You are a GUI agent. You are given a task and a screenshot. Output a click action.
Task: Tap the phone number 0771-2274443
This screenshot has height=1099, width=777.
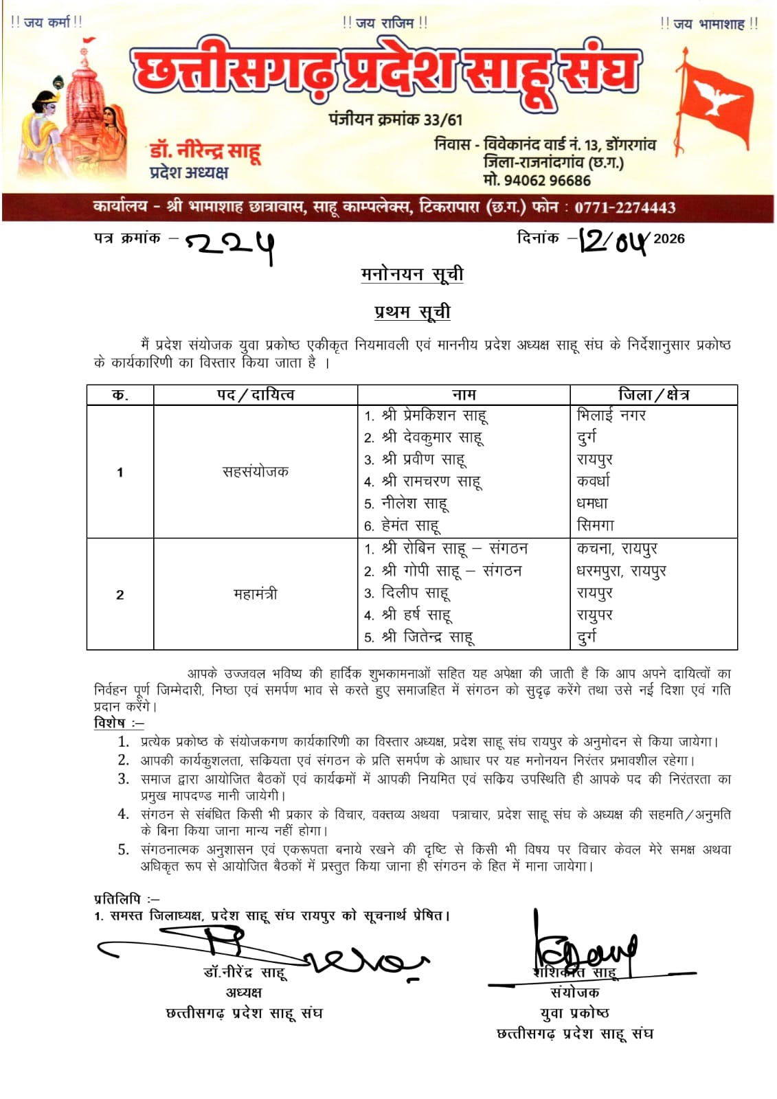pyautogui.click(x=624, y=207)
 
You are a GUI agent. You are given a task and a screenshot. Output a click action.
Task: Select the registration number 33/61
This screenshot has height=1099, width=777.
pyautogui.click(x=443, y=120)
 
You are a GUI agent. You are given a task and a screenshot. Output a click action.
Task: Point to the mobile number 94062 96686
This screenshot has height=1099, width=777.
pyautogui.click(x=546, y=181)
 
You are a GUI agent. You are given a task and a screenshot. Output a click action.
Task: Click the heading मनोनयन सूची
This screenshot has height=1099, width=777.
pyautogui.click(x=412, y=274)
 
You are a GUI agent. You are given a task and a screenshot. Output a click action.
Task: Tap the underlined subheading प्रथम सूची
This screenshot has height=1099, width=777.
pyautogui.click(x=412, y=312)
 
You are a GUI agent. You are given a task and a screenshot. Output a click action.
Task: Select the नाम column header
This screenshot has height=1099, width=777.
pyautogui.click(x=464, y=395)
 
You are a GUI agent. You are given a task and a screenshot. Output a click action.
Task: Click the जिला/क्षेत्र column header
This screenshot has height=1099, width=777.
pyautogui.click(x=653, y=395)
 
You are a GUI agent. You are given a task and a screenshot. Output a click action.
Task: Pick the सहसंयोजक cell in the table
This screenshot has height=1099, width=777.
pyautogui.click(x=255, y=472)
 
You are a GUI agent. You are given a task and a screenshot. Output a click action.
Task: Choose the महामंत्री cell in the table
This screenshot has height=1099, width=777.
pyautogui.click(x=255, y=594)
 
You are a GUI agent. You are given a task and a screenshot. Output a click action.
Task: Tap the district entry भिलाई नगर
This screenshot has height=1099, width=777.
pyautogui.click(x=611, y=415)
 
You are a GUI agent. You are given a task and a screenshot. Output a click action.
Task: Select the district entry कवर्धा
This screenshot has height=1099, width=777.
pyautogui.click(x=593, y=481)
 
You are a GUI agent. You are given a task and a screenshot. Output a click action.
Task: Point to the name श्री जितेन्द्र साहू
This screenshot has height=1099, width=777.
pyautogui.click(x=427, y=637)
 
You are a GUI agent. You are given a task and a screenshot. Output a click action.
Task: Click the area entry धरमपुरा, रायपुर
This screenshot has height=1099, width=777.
pyautogui.click(x=621, y=571)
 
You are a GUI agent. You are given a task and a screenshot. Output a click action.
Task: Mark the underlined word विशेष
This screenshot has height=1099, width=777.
pyautogui.click(x=110, y=723)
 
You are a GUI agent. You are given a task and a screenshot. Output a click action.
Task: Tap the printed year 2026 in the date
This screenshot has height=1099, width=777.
pyautogui.click(x=668, y=239)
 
